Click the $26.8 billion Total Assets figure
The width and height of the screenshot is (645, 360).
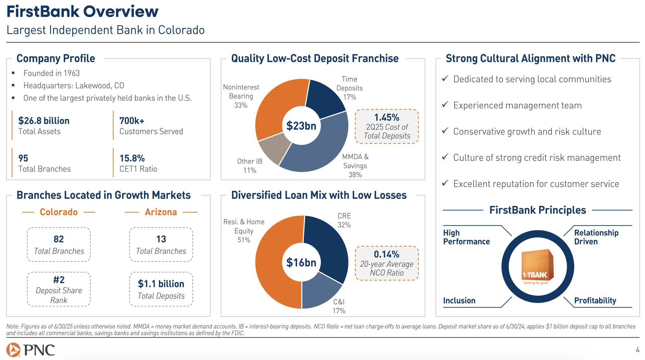tap(44, 121)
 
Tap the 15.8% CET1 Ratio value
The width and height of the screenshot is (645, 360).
tap(132, 158)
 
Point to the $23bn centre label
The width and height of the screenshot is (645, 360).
tap(301, 126)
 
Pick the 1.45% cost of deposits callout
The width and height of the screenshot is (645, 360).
tap(387, 126)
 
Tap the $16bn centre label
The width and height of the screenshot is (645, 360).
tap(301, 262)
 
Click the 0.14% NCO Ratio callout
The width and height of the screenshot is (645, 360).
tap(387, 263)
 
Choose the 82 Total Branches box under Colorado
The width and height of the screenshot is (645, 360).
tap(59, 244)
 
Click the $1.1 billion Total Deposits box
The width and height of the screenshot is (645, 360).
tap(161, 289)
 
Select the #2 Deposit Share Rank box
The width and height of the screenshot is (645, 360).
tap(59, 289)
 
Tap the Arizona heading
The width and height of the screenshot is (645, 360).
tap(161, 212)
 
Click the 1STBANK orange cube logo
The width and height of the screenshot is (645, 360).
tap(537, 265)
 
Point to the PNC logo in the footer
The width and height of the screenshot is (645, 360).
tap(31, 350)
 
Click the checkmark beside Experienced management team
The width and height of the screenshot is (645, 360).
tap(445, 105)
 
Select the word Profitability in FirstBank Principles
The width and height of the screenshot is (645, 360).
tap(595, 300)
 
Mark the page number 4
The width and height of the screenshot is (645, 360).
tap(637, 350)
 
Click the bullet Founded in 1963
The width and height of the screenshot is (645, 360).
tap(51, 73)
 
